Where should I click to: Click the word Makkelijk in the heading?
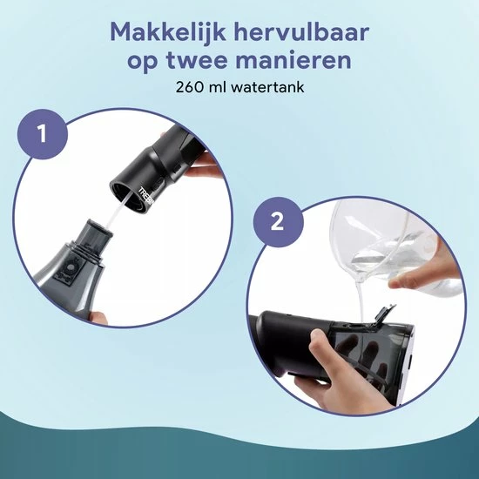coord(168,32)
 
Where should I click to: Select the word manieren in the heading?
coord(293,59)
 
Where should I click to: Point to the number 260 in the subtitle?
coord(189,87)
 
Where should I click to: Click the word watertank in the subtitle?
coord(267,87)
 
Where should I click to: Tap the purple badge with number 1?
coord(42,134)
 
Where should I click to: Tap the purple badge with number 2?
coord(278,222)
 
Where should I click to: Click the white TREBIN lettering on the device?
coord(147,194)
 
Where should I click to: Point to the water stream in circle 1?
coord(118,212)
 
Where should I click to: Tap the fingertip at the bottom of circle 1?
coord(98,318)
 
